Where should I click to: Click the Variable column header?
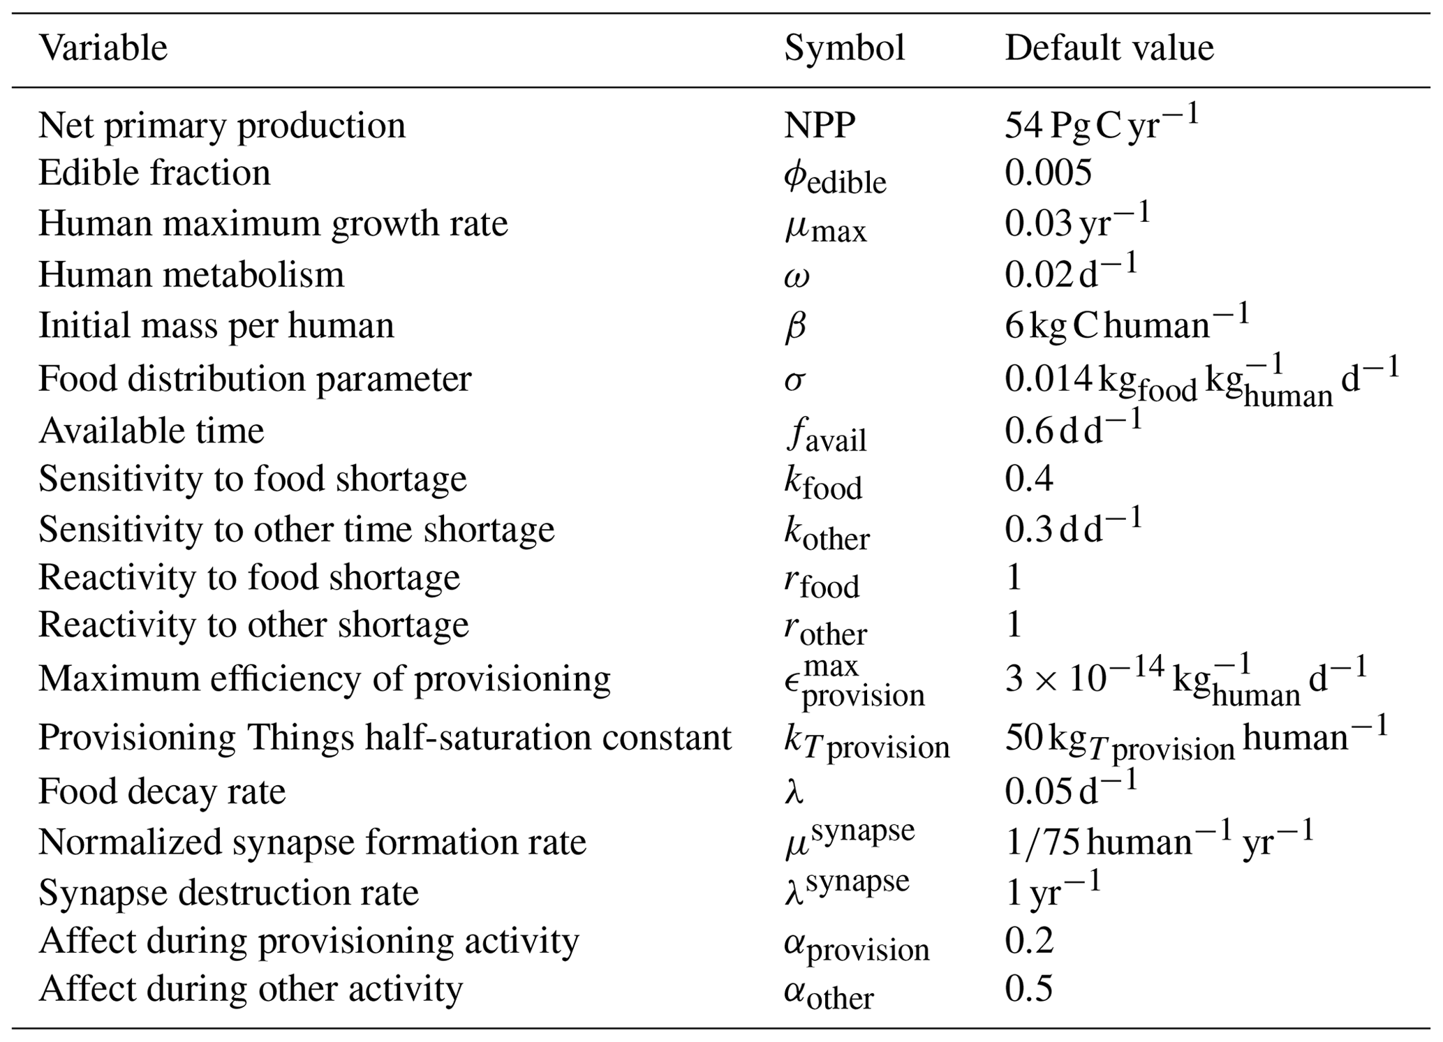[x=103, y=48]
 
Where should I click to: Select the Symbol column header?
[x=844, y=48]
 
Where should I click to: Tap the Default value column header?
[x=1109, y=48]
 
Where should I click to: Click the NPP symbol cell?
[x=819, y=126]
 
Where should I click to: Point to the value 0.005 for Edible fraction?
[x=1047, y=172]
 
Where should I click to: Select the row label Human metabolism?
[x=191, y=274]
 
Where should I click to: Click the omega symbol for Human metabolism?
[x=797, y=276]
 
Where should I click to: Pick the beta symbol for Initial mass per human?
[x=795, y=326]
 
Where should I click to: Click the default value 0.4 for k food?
[x=1028, y=479]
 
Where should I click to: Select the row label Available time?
[x=151, y=431]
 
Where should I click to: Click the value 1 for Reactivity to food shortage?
[x=1014, y=577]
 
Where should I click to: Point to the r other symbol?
[x=824, y=629]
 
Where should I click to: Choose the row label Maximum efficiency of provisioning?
[x=324, y=678]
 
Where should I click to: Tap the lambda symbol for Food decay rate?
[x=794, y=792]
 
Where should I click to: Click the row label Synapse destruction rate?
[x=228, y=893]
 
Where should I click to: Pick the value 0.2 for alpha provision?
[x=1028, y=941]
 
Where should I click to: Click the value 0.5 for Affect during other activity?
[x=1028, y=989]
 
